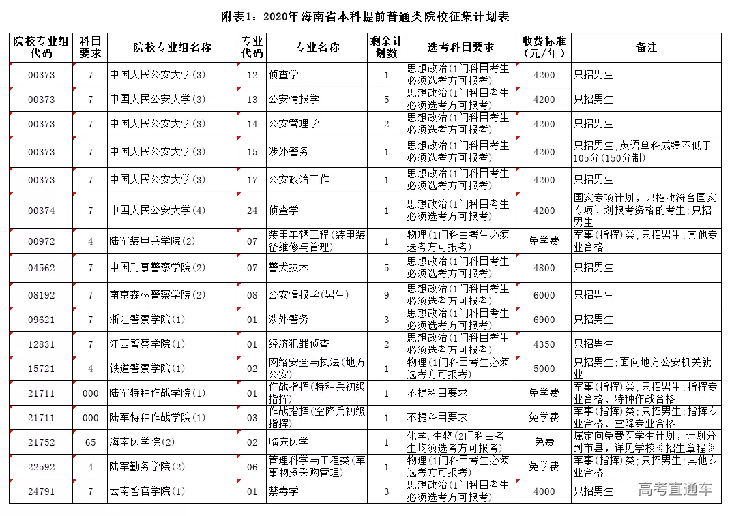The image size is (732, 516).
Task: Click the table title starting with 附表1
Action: coord(365,16)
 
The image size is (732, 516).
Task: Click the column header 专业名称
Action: coord(317,48)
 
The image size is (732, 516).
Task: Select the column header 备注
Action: coord(646,48)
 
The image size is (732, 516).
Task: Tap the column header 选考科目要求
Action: coord(460,48)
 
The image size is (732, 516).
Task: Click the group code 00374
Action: coord(41,211)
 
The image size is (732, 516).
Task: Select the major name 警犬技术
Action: coord(289,268)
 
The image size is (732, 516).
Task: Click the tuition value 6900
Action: coord(544,320)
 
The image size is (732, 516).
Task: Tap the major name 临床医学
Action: coord(289,442)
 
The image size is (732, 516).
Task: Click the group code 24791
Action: coord(41,491)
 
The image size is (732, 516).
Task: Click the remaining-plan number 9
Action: coord(386,295)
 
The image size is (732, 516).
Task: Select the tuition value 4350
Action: coord(544,344)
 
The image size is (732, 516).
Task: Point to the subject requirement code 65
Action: coord(90,442)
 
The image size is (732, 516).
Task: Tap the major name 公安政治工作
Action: coord(299,180)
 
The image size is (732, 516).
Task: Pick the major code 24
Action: coord(252,211)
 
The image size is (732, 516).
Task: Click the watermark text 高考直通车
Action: coord(675,489)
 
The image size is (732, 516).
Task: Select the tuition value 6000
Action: coord(544,295)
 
